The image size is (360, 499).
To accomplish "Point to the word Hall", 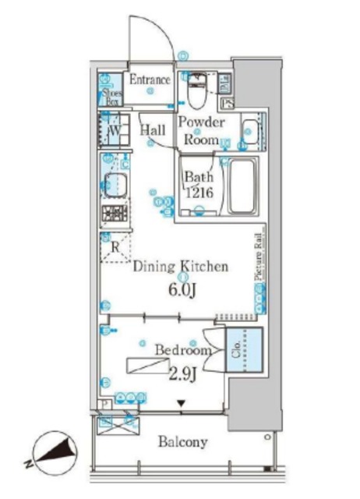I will click(152, 131).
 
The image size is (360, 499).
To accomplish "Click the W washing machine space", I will click(113, 129).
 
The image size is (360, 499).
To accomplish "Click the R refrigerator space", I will click(115, 249).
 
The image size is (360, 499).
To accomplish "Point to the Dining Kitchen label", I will click(181, 267).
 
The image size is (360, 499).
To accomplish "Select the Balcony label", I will click(183, 443).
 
